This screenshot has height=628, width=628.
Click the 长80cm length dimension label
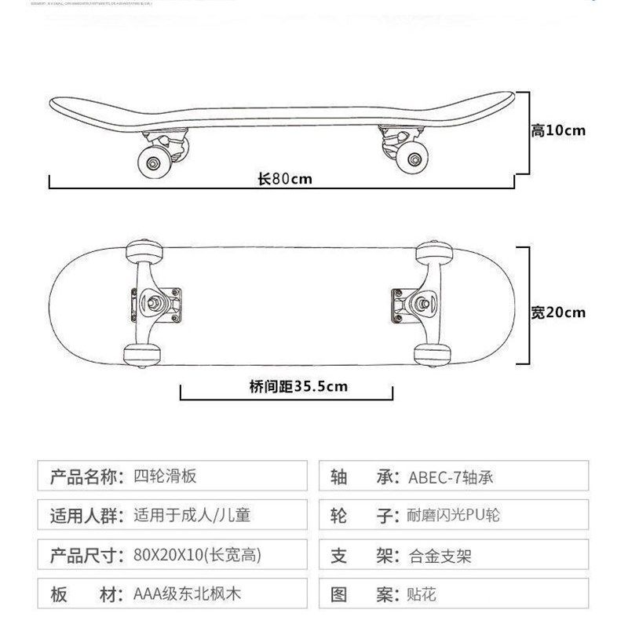click(285, 178)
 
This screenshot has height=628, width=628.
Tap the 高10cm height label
click(557, 130)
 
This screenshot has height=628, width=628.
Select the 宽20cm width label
click(557, 312)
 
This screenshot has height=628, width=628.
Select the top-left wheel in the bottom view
click(142, 250)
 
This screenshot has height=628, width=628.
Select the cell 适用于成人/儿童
click(193, 516)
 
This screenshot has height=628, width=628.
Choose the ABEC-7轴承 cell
click(451, 476)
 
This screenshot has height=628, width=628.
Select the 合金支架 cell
click(440, 556)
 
